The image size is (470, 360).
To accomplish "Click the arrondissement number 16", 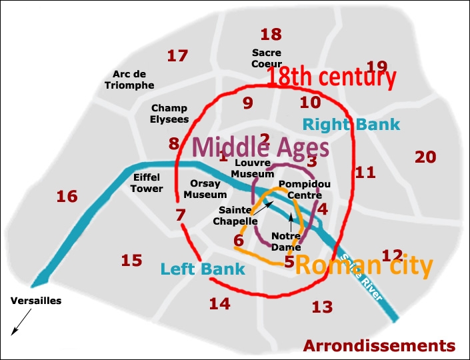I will pyautogui.click(x=67, y=197).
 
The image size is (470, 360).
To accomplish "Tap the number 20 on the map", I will pyautogui.click(x=425, y=157).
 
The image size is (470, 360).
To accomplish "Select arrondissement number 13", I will pyautogui.click(x=322, y=307).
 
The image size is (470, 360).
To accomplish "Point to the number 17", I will pyautogui.click(x=177, y=56).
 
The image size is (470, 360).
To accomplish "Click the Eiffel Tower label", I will pyautogui.click(x=147, y=183).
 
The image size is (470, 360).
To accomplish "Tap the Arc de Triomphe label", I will pyautogui.click(x=129, y=80).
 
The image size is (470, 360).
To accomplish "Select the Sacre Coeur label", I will pyautogui.click(x=267, y=58).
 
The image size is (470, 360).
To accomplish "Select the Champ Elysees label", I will pyautogui.click(x=169, y=113).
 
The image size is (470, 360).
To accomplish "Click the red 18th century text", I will pyautogui.click(x=331, y=77).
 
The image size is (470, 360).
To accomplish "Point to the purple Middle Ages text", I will pyautogui.click(x=261, y=147).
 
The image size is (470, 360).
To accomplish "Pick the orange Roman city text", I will pyautogui.click(x=363, y=266).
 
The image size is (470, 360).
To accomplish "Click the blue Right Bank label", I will pyautogui.click(x=351, y=124).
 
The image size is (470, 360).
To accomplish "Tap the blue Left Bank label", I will pyautogui.click(x=203, y=269).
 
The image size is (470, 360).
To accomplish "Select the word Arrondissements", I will pyautogui.click(x=379, y=346).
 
